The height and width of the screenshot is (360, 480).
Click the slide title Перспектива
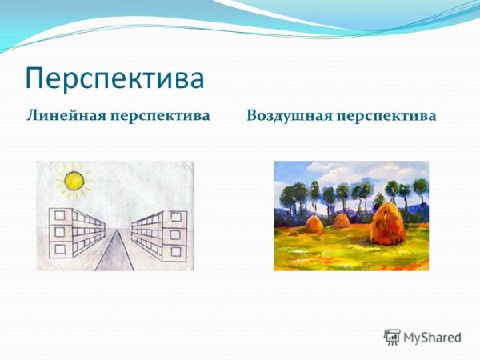(x=114, y=78)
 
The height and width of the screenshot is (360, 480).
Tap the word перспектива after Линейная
(x=164, y=116)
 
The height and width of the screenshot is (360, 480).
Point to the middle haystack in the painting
(x=341, y=222)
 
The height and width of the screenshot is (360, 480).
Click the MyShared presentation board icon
(x=392, y=337)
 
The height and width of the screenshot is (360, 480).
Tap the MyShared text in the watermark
(x=432, y=338)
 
